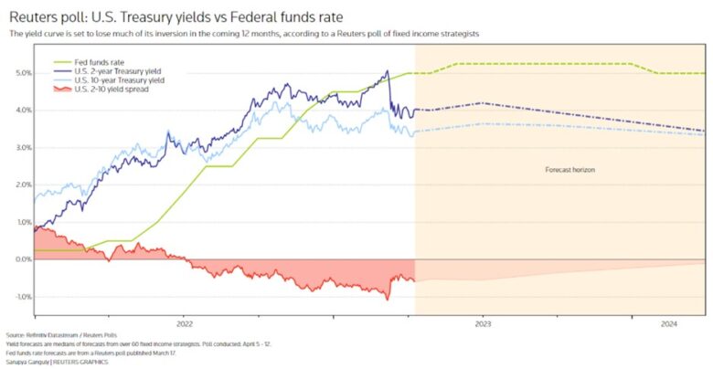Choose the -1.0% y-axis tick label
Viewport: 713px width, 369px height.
point(21,297)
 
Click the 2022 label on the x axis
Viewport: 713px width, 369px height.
point(185,323)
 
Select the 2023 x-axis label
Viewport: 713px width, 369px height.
point(483,323)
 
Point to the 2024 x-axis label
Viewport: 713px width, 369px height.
point(669,323)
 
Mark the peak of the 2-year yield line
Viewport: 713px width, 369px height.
point(388,72)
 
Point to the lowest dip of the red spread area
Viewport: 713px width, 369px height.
point(387,299)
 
